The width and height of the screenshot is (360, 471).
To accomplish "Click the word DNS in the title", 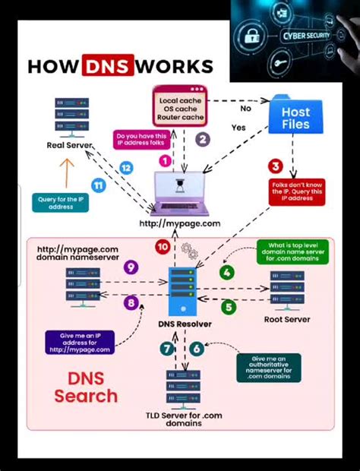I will [108, 66].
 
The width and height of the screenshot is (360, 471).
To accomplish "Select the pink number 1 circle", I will [165, 160].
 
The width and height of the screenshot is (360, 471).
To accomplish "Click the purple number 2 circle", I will [202, 139].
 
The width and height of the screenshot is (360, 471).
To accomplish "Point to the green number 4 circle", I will [226, 272].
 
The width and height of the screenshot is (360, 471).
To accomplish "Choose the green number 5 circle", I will [229, 307].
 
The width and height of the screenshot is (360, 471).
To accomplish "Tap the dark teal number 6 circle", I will [197, 349].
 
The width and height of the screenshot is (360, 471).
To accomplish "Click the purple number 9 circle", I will [131, 267].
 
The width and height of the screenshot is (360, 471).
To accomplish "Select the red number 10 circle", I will [163, 247].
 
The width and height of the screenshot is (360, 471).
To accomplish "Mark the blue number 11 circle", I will [98, 185].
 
